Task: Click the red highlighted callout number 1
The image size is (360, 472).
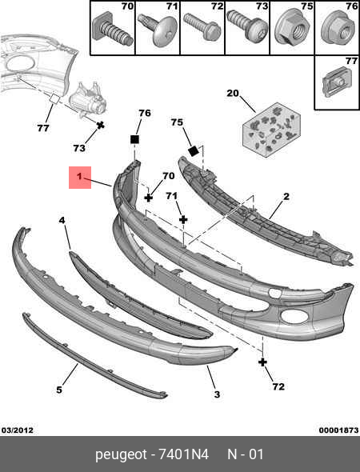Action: (79, 176)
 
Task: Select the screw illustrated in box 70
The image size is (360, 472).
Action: (113, 29)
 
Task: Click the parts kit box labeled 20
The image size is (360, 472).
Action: (271, 130)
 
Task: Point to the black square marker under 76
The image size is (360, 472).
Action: (134, 140)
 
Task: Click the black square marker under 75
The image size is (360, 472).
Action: (193, 151)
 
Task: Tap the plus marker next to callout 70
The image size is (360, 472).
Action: (148, 198)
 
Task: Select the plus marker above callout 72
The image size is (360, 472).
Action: (262, 362)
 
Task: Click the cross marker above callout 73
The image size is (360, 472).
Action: (100, 125)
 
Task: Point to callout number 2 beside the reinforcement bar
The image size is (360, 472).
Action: (286, 197)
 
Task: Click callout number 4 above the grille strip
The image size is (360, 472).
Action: (62, 221)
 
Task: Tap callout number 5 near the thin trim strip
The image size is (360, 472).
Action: (59, 390)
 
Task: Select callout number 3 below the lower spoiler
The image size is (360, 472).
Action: (217, 394)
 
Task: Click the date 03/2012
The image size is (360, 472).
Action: (18, 430)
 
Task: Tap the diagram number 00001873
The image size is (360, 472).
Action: (339, 430)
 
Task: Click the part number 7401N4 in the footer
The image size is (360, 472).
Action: (184, 454)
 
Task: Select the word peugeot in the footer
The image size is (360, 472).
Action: (122, 455)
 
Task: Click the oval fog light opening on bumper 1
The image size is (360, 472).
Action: (294, 317)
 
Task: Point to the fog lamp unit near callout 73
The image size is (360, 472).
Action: (87, 100)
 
